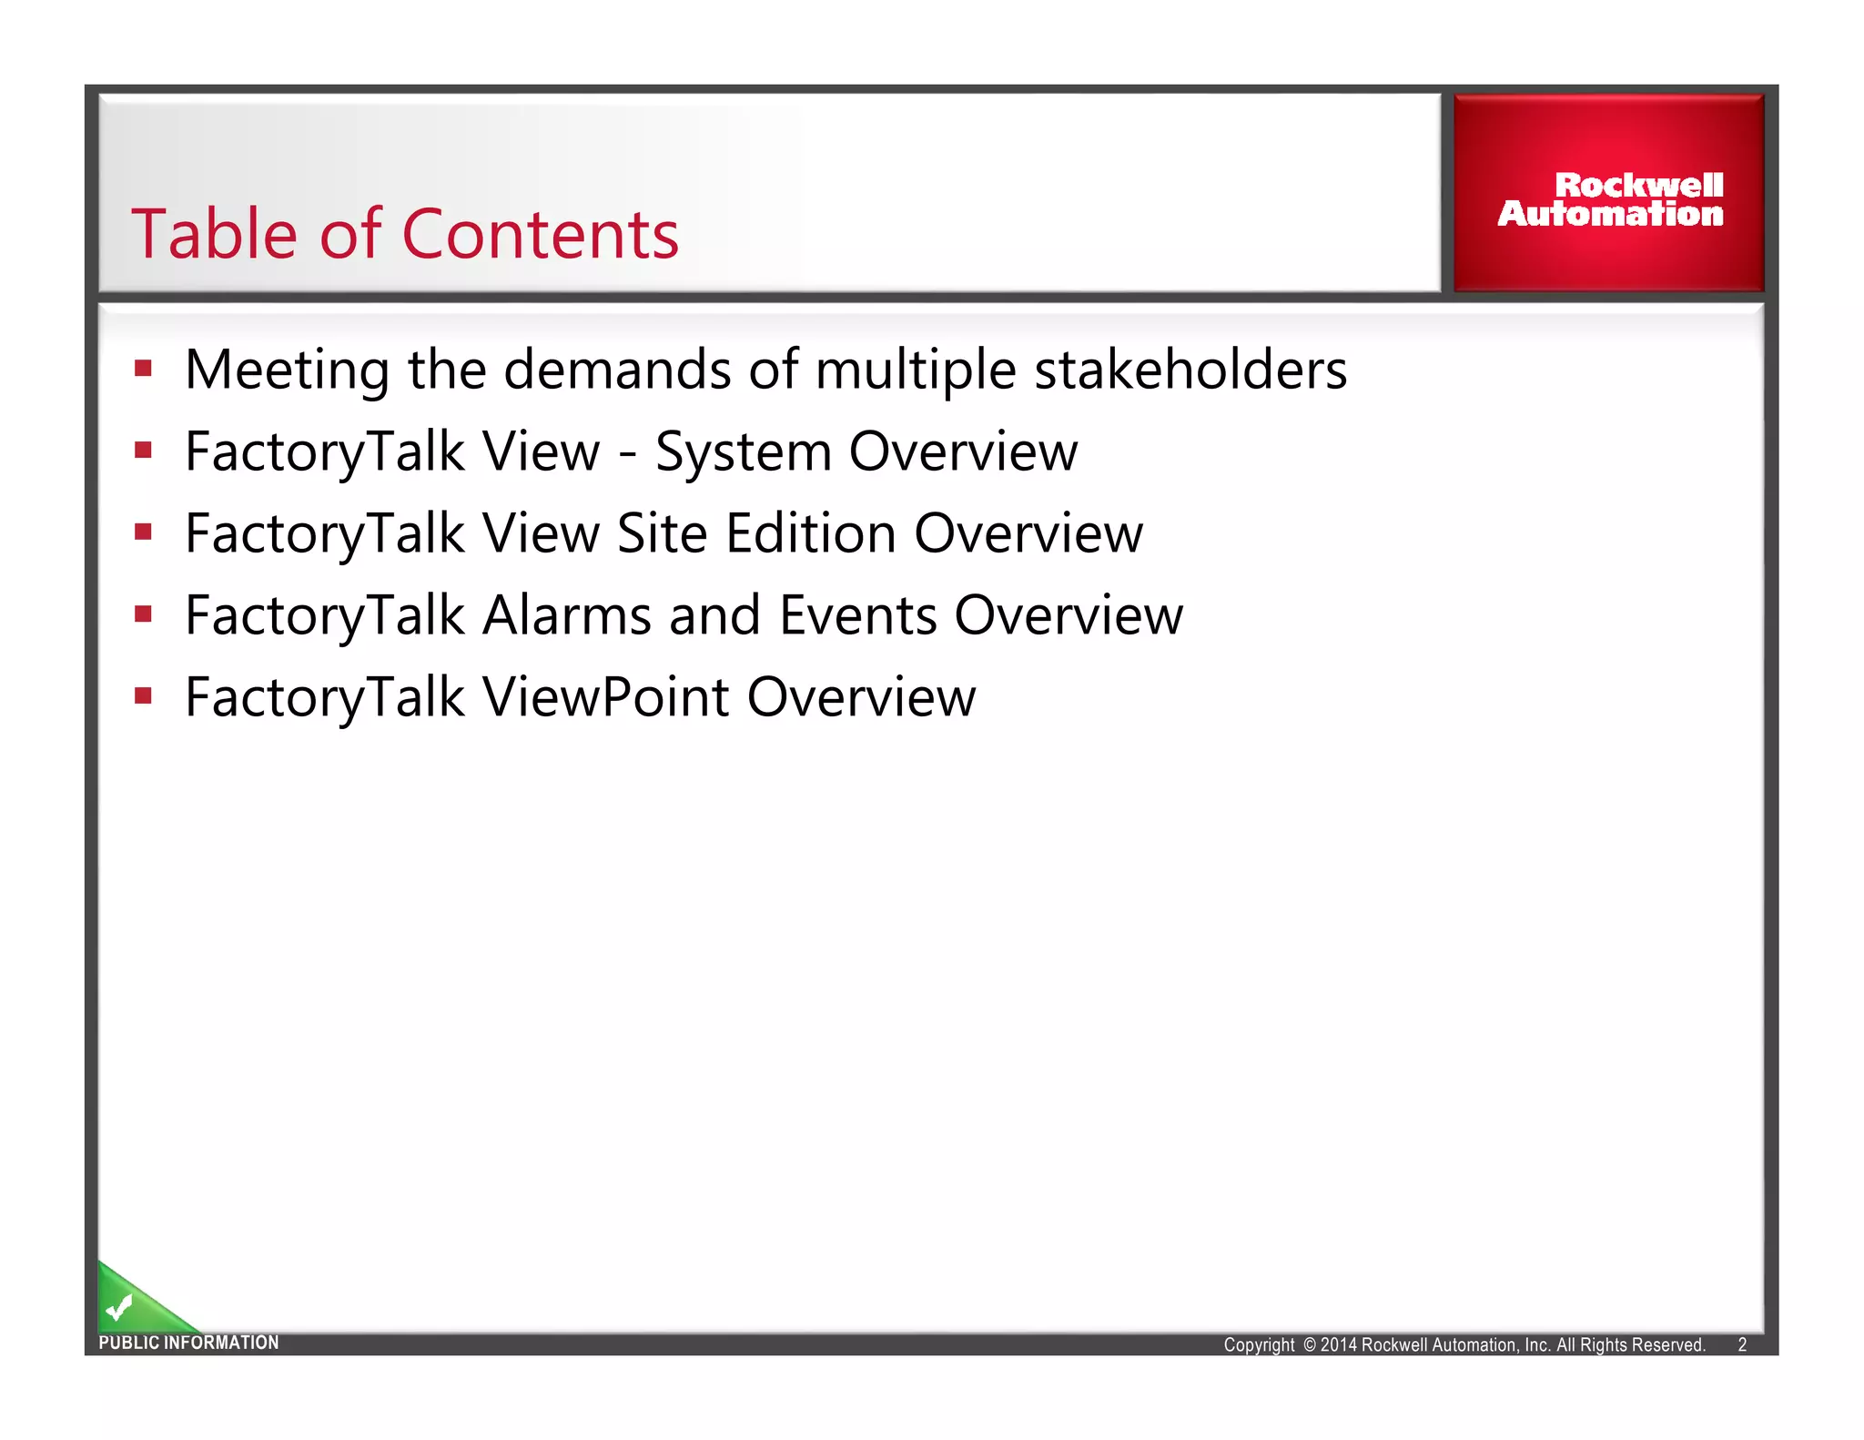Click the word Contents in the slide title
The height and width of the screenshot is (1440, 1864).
540,235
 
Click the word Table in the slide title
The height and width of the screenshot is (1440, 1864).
215,235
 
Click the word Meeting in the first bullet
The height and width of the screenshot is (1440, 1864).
288,370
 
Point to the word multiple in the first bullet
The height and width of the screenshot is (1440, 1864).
915,370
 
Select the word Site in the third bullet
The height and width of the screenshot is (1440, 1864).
662,533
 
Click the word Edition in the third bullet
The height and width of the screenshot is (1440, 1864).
811,533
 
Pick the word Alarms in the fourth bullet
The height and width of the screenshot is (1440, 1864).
567,615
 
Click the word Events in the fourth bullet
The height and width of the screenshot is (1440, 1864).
857,615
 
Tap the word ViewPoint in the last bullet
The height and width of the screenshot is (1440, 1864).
606,697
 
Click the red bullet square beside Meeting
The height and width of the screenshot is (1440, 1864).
143,369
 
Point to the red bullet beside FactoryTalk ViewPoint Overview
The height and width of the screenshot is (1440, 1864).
143,696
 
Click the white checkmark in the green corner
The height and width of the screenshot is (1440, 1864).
118,1308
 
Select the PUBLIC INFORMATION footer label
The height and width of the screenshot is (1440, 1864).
188,1343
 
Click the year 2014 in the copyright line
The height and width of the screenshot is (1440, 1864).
1339,1345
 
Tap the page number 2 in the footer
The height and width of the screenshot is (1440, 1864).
1742,1345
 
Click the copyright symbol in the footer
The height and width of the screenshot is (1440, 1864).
1310,1345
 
